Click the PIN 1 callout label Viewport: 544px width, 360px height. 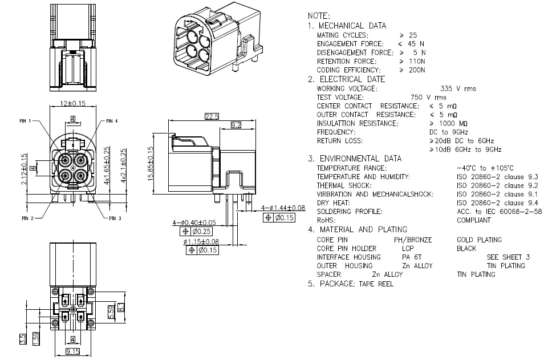27,122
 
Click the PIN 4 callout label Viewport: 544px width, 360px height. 112,122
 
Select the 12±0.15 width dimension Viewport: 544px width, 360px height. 73,103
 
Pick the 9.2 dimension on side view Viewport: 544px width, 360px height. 236,124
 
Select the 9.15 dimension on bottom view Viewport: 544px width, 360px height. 72,351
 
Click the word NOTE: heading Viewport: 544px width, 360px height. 318,16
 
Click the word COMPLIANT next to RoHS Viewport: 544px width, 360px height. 474,220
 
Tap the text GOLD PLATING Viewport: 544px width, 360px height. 479,240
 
